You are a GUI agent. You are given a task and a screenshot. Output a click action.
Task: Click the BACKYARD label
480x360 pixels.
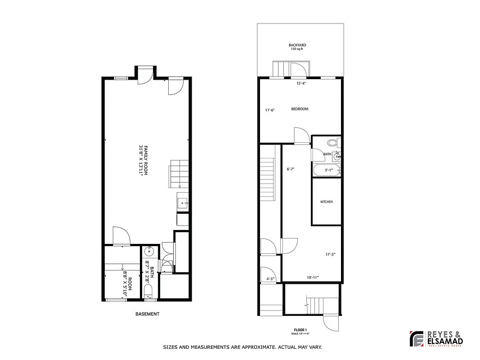coord(297,45)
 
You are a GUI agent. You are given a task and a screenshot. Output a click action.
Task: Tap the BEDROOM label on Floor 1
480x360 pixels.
coord(300,109)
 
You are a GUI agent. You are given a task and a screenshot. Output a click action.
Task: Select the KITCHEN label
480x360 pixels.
coord(327,202)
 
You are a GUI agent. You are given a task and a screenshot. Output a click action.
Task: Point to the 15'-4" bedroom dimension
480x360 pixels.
coord(301,83)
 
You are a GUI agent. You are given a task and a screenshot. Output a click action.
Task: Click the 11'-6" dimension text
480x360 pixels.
coord(270,110)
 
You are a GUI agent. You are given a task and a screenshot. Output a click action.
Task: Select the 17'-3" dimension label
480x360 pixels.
coord(330,254)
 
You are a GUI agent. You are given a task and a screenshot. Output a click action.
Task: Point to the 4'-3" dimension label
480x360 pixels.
coord(270,279)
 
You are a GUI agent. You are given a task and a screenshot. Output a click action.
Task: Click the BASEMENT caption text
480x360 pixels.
coord(147,314)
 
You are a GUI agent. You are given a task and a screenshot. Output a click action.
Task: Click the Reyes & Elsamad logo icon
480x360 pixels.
coord(417,339)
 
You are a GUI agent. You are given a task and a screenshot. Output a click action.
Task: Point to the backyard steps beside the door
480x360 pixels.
coord(281,69)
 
